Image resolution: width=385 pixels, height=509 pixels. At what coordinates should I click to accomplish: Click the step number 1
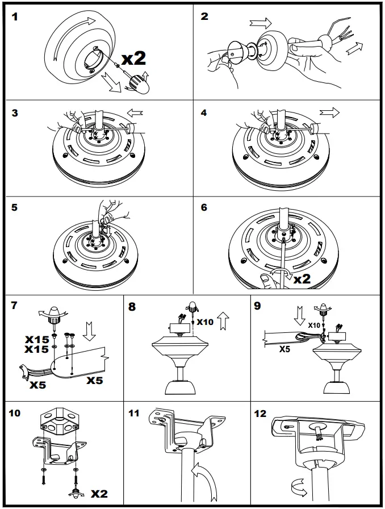[15, 16]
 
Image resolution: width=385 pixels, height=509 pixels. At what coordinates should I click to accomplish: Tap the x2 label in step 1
[135, 57]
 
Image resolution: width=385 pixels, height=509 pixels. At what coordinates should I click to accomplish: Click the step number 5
[15, 207]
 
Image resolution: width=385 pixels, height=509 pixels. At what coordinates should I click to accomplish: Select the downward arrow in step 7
[89, 331]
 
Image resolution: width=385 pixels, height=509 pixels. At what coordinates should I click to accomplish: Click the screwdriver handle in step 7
[56, 313]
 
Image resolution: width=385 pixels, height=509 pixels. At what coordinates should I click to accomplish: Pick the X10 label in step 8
[204, 322]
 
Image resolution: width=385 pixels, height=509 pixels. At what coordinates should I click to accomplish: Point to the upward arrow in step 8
[223, 322]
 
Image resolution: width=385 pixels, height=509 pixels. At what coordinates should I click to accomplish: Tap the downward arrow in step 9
[300, 315]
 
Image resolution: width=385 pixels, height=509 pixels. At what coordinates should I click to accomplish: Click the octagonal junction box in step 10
[56, 423]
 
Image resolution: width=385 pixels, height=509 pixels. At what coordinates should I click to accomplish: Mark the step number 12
[260, 414]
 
